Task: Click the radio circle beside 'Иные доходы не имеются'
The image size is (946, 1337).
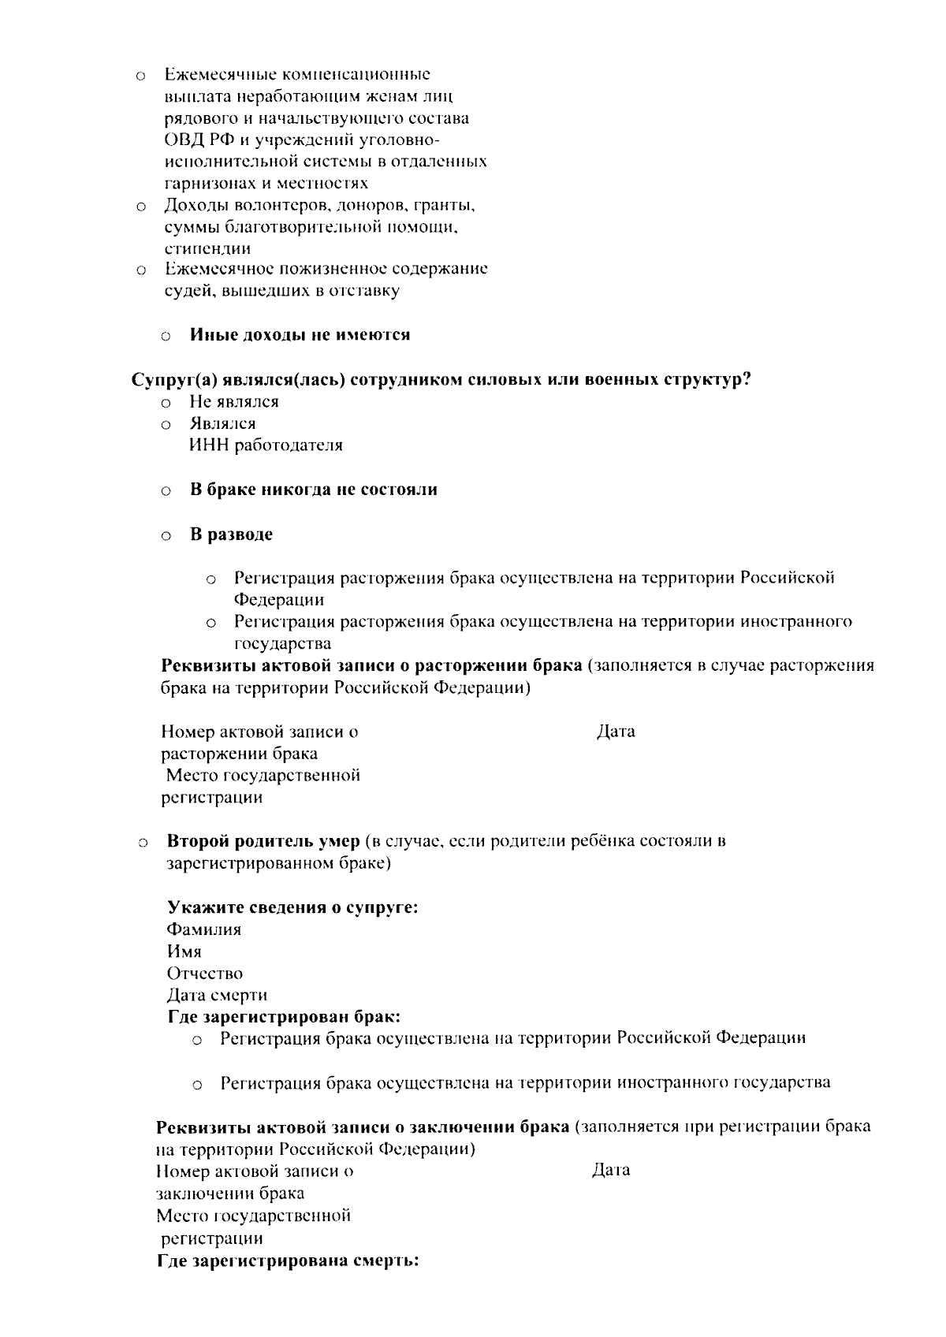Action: pos(166,337)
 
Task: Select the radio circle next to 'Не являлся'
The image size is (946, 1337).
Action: pos(166,404)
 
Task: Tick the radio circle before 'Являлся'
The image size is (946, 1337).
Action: pos(166,426)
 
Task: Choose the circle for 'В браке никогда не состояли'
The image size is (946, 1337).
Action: pos(166,492)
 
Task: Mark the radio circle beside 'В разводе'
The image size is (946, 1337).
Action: pos(166,537)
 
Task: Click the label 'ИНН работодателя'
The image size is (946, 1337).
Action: pos(266,445)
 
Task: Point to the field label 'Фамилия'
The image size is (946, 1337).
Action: pos(204,929)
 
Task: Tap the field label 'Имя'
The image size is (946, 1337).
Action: pos(184,952)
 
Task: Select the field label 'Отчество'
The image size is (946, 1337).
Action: pos(205,974)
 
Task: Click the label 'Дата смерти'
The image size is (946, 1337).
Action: pos(217,995)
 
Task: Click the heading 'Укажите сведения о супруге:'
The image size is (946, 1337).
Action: pos(292,907)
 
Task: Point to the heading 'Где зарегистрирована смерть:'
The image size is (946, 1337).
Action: pos(288,1261)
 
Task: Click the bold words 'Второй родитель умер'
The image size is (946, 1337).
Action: pos(263,840)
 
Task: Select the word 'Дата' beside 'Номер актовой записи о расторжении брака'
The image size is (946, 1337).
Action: pos(616,732)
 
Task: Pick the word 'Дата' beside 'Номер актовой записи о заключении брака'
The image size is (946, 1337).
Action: pos(611,1171)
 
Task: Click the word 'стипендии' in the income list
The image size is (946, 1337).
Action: pos(208,249)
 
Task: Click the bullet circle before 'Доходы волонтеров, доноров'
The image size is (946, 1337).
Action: pos(140,208)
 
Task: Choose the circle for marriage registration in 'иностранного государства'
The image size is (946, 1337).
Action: pos(199,1086)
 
